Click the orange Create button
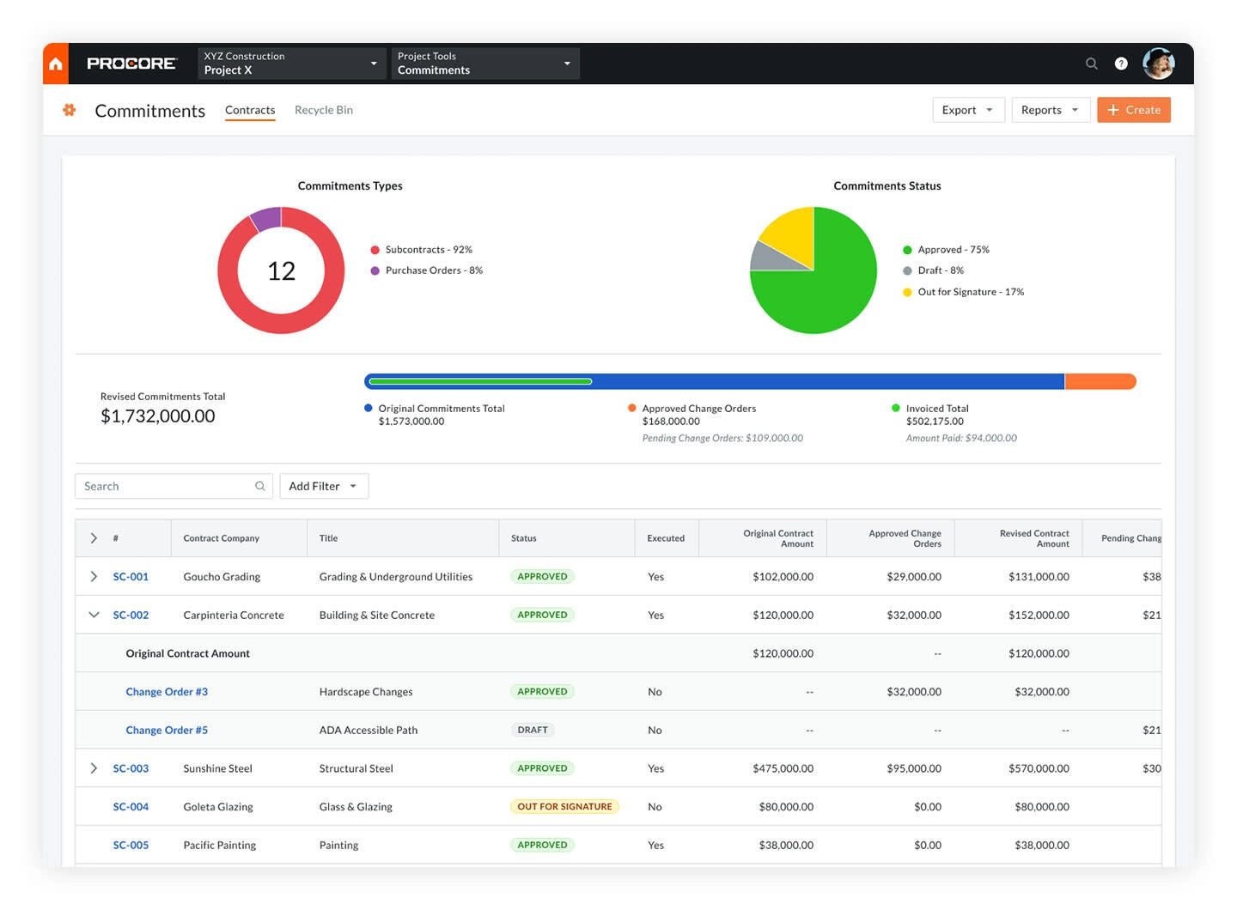[1133, 110]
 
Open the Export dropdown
[968, 110]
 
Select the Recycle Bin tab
[324, 110]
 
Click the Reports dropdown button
[1050, 110]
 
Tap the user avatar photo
[1158, 64]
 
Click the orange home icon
[56, 64]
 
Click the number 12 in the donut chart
[281, 271]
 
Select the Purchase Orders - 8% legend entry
[434, 270]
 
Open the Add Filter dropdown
[323, 486]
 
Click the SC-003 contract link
[131, 768]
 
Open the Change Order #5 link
[167, 730]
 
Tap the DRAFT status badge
[533, 730]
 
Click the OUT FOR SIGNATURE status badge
[564, 807]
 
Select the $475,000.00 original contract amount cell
[783, 768]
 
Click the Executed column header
[666, 538]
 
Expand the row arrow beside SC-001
[94, 577]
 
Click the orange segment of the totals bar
[1100, 382]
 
